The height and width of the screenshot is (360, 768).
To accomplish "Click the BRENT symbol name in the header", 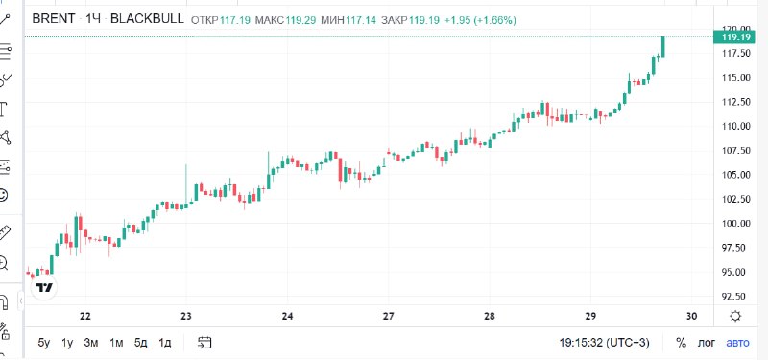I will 54,18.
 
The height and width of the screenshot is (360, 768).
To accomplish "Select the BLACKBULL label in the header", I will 148,18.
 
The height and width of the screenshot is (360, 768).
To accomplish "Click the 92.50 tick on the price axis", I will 733,297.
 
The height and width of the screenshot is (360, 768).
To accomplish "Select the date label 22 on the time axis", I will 85,317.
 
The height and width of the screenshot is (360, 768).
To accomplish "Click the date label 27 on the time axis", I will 389,317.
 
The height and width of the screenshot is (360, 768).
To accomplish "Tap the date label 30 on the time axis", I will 691,317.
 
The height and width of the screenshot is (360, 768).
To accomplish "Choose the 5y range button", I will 44,343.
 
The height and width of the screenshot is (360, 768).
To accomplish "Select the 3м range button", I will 91,343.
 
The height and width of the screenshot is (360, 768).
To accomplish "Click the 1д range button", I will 165,343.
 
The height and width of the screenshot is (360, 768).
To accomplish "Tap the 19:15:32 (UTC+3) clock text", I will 607,343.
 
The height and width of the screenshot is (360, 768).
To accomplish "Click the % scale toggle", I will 681,343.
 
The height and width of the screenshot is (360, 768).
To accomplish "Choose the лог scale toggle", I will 708,343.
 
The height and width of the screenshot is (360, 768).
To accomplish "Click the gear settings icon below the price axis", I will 735,317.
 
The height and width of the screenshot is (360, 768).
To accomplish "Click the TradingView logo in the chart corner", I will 43,286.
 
